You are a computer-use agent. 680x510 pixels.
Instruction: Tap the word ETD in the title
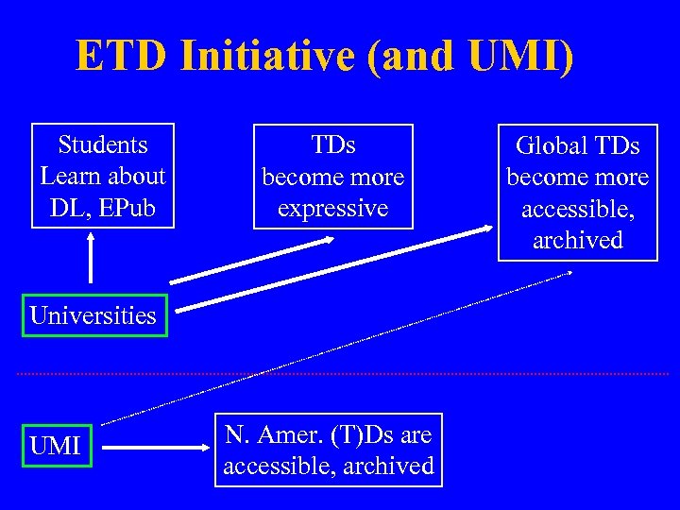point(114,56)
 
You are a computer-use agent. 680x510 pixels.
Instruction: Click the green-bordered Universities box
point(93,315)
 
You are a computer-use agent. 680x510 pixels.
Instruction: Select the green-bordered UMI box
point(56,446)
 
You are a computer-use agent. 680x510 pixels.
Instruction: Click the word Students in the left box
point(103,144)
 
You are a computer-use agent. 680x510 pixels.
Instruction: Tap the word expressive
point(332,208)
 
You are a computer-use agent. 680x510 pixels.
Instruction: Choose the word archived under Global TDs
point(578,240)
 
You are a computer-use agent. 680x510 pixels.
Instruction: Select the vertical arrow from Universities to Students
point(91,258)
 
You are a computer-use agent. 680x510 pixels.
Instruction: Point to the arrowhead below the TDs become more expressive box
point(326,239)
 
